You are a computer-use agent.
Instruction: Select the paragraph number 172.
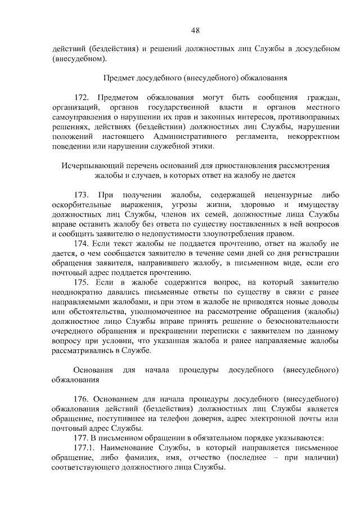82,96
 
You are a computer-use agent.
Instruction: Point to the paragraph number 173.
82,194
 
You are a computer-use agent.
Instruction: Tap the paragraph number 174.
82,243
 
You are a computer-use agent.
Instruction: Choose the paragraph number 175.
82,282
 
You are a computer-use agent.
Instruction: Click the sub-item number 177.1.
86,448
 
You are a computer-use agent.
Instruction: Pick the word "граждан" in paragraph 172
323,96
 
